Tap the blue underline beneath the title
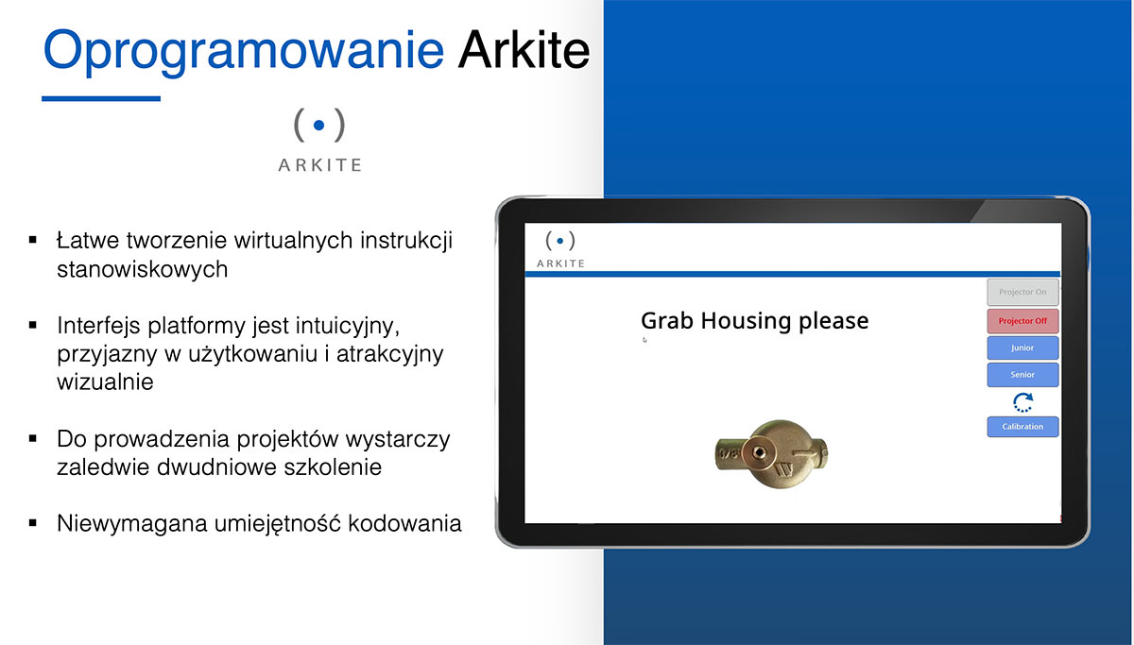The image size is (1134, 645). tap(101, 98)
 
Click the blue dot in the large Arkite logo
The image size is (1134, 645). tap(319, 125)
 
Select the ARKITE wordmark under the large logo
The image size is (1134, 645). tap(320, 165)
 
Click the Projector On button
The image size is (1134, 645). tap(1022, 292)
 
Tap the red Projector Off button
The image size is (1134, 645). tap(1022, 321)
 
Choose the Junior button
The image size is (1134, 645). tap(1022, 348)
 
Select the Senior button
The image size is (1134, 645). tap(1022, 375)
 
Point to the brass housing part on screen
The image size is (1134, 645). tap(771, 454)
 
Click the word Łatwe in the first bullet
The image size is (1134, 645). tap(88, 240)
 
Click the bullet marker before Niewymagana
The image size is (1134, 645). tap(33, 523)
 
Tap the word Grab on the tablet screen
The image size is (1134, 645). tap(667, 321)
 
